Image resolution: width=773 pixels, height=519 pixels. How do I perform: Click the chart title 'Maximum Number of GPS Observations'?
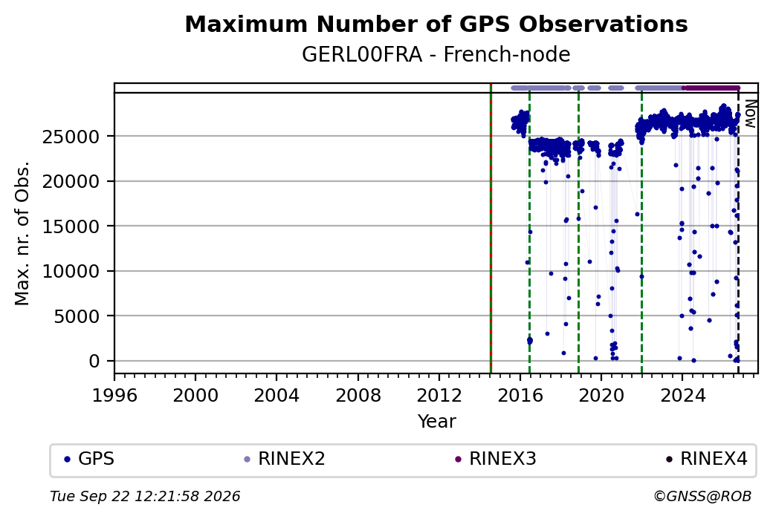pyautogui.click(x=436, y=24)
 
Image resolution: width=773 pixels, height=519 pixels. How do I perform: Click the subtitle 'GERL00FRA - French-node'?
pyautogui.click(x=436, y=54)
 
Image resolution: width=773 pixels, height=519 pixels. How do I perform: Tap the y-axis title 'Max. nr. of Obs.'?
pyautogui.click(x=22, y=233)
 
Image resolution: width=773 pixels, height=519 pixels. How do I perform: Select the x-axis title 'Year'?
pyautogui.click(x=437, y=422)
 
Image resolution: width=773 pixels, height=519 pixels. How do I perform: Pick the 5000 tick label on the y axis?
pyautogui.click(x=77, y=316)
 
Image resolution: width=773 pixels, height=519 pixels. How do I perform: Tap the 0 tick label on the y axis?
pyautogui.click(x=94, y=361)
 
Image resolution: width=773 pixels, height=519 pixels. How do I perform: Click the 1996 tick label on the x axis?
pyautogui.click(x=114, y=395)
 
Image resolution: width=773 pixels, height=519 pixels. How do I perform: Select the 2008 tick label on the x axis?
pyautogui.click(x=358, y=395)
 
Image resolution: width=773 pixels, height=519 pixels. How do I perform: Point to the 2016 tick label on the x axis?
pyautogui.click(x=520, y=395)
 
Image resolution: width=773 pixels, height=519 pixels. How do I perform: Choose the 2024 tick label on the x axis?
pyautogui.click(x=682, y=395)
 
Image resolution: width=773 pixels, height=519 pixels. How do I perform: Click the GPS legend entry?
pyautogui.click(x=89, y=459)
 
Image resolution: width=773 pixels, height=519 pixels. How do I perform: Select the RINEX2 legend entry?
pyautogui.click(x=285, y=459)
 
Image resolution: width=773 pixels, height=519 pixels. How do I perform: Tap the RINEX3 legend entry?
pyautogui.click(x=496, y=459)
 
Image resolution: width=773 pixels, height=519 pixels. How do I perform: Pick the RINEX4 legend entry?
pyautogui.click(x=707, y=459)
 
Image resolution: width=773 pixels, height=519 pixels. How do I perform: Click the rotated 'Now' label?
pyautogui.click(x=750, y=114)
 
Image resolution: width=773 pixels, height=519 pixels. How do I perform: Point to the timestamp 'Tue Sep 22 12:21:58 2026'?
pyautogui.click(x=146, y=496)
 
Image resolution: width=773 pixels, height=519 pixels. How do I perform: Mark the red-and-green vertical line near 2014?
pyautogui.click(x=491, y=229)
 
